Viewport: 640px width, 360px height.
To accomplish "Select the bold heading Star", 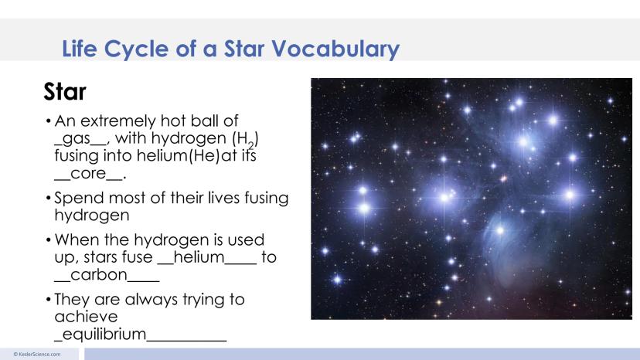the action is (64, 92).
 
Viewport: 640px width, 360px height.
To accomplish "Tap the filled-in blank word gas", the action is (77, 139).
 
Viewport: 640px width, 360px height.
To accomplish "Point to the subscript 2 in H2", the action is (251, 145).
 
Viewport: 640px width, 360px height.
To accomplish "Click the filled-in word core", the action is (88, 174).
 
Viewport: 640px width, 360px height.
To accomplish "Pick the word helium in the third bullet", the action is (199, 257).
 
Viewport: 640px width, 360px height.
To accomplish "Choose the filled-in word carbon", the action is (99, 275).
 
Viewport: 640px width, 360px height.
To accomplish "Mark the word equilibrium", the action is (104, 334).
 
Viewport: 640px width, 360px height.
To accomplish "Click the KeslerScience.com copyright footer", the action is (37, 355).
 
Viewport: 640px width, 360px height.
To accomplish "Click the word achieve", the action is (86, 317).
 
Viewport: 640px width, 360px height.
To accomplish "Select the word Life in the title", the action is (80, 49).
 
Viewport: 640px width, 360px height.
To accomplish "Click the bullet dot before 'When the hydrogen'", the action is (49, 240).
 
